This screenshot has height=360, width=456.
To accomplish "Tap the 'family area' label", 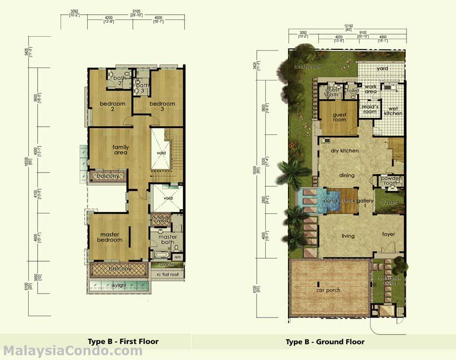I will click(x=121, y=149).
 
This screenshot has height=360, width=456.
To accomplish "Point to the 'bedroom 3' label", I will click(x=162, y=106).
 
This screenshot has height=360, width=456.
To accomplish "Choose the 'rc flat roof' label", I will click(x=167, y=275).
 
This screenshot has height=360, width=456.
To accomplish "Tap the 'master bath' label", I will click(x=167, y=240).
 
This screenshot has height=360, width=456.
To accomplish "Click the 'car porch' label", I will click(x=328, y=290).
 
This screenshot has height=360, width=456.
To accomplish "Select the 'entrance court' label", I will click(x=390, y=281).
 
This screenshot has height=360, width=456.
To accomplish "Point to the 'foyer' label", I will click(x=389, y=234).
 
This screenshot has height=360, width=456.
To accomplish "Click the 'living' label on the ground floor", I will click(x=348, y=236).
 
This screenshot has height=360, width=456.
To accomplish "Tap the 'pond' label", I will click(x=330, y=201).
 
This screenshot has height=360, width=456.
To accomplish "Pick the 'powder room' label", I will click(x=391, y=181).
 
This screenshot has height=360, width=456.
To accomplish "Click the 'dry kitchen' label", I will click(x=344, y=151).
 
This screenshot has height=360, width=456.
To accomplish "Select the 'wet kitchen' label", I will click(x=393, y=110).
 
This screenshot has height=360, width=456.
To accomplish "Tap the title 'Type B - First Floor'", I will click(x=123, y=341).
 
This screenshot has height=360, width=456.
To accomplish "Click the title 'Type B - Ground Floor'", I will click(x=325, y=341).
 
